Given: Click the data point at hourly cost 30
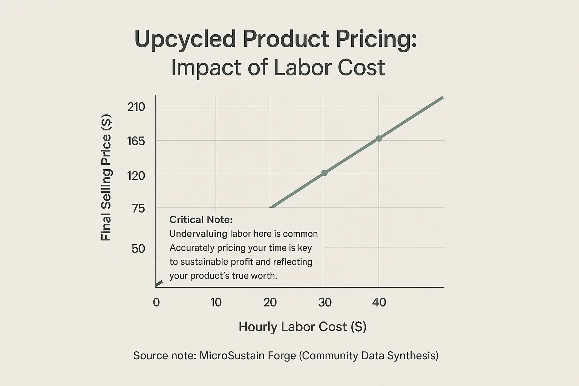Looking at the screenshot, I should coord(324,173).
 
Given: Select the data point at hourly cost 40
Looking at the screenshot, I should coord(379,138).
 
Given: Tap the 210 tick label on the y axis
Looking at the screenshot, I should coord(136,107).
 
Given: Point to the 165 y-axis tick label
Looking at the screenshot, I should coord(136,141).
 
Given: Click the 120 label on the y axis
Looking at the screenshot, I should coord(136,175).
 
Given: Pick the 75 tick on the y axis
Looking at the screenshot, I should coord(138,208).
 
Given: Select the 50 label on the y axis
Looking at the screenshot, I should coord(138,249).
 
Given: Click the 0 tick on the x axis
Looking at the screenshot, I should coord(156,302).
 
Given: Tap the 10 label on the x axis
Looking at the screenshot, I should coord(216,302).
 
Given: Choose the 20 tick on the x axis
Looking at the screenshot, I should coord(270,302).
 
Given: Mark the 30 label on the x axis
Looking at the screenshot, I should coord(325,302).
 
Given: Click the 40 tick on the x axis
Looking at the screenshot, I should coord(379,302).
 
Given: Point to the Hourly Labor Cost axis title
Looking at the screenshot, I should coord(302,327).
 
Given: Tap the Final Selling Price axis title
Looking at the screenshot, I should coord(106,177).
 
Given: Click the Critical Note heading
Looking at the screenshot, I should coord(201,220).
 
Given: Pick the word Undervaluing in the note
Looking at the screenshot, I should coord(198,234).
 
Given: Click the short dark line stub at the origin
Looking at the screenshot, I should coord(159,283).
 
